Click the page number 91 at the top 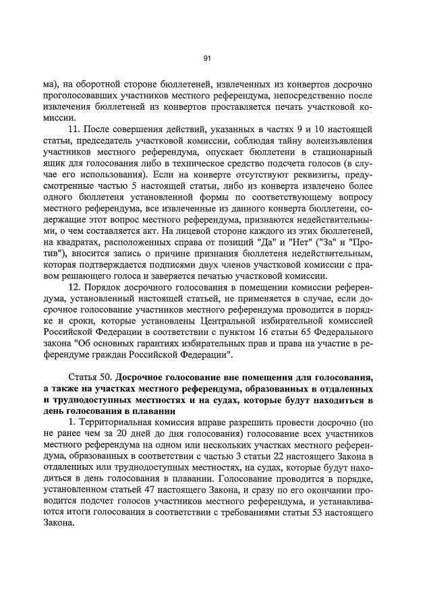pos(208,59)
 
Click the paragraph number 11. pos(76,129)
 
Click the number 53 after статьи pos(326,514)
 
